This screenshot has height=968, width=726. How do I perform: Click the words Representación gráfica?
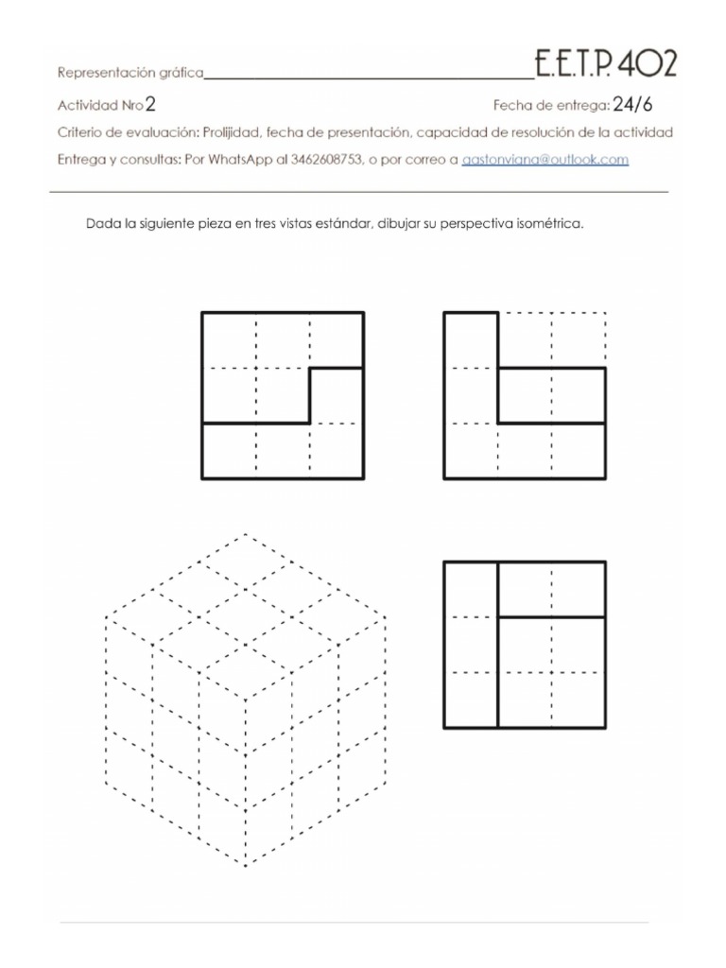pyautogui.click(x=130, y=73)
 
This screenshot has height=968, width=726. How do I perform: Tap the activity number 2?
pyautogui.click(x=151, y=105)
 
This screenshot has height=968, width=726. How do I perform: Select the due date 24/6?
pyautogui.click(x=632, y=105)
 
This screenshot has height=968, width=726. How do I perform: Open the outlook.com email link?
pyautogui.click(x=544, y=160)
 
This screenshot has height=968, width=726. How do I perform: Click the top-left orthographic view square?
pyautogui.click(x=283, y=395)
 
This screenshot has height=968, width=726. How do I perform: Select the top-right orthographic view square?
pyautogui.click(x=525, y=395)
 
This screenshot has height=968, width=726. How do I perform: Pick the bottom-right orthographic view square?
pyautogui.click(x=525, y=645)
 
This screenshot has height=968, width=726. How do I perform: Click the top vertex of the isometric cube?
pyautogui.click(x=246, y=533)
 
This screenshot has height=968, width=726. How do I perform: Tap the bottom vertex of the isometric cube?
pyautogui.click(x=246, y=866)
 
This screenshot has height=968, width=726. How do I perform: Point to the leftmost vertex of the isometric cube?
pyautogui.click(x=105, y=617)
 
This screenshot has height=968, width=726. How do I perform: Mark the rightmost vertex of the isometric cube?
pyautogui.click(x=387, y=617)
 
